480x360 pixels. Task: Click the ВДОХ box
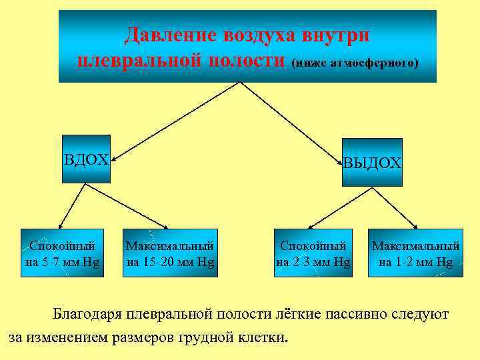click(85, 159)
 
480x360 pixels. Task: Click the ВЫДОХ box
click(372, 162)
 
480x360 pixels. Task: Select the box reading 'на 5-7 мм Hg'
click(62, 253)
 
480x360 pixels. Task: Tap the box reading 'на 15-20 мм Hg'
click(171, 253)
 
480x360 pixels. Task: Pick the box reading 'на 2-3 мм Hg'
click(313, 253)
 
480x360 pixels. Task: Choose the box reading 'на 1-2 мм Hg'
click(416, 253)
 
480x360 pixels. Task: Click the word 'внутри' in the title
click(337, 34)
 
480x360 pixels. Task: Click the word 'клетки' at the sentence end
click(265, 337)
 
